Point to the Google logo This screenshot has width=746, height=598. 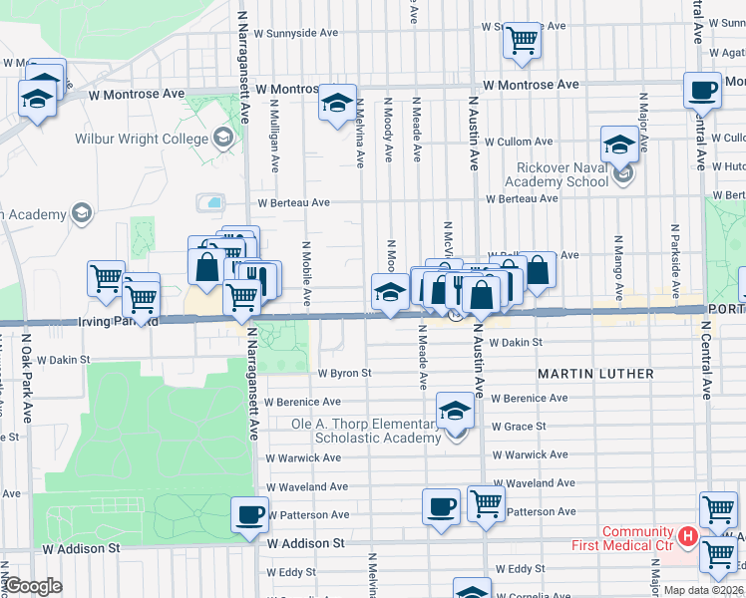coord(32,586)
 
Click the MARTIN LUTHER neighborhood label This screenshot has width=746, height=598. coord(595,374)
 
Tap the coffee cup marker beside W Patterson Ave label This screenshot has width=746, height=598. coord(249,515)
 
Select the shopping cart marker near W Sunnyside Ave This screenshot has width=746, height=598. coord(523,41)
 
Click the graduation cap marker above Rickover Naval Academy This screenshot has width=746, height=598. coord(618,145)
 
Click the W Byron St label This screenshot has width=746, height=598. coord(344,374)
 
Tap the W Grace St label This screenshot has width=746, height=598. coord(518,427)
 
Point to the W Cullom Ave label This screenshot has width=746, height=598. coord(519,143)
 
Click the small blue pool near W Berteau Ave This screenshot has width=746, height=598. coord(213,202)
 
